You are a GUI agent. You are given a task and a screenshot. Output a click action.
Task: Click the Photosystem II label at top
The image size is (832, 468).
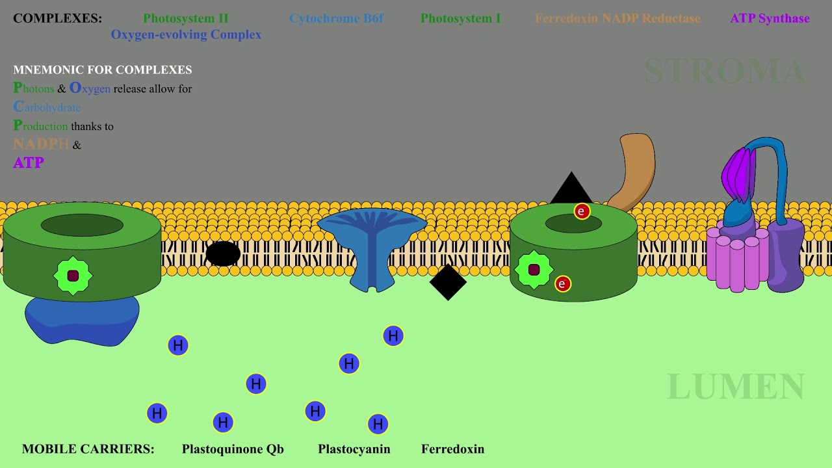(x=186, y=18)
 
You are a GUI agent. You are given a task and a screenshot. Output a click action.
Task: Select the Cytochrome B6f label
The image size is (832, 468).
(x=337, y=18)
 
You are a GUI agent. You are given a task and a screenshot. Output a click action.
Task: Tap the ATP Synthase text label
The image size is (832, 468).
(x=770, y=18)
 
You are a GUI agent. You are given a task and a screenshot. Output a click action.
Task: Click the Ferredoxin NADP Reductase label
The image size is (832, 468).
(x=617, y=18)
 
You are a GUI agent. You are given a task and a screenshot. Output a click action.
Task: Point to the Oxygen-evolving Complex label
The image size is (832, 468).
(x=186, y=34)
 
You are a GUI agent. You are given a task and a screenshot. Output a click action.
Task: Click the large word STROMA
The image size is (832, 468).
(x=725, y=71)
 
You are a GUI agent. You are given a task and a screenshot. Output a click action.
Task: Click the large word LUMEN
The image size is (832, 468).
(x=736, y=387)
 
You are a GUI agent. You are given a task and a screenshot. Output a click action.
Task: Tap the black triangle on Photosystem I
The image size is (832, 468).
(x=571, y=190)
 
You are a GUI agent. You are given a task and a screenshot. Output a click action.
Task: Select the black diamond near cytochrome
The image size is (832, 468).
(x=448, y=282)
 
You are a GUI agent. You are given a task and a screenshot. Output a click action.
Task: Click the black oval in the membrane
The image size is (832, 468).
(x=223, y=253)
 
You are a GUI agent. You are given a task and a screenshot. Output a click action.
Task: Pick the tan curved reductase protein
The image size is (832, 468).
(x=634, y=169)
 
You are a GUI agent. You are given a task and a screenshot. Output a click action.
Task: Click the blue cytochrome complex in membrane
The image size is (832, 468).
(x=371, y=247)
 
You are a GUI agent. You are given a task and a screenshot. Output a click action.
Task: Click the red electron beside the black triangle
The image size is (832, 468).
(x=582, y=211)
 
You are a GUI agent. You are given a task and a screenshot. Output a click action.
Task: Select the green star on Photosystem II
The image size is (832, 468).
(x=73, y=276)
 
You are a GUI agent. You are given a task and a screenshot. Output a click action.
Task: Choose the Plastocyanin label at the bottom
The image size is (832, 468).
(x=354, y=449)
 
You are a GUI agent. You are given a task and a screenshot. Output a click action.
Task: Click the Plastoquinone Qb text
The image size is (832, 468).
(x=233, y=449)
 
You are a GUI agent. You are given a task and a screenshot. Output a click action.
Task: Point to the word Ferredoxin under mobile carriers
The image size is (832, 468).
(x=452, y=449)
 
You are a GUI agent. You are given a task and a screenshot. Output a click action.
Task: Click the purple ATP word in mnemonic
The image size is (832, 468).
(x=29, y=162)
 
